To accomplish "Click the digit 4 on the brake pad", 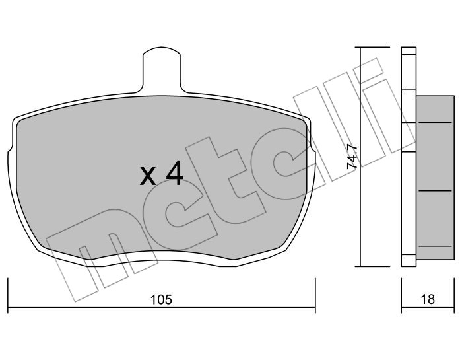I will [174, 174].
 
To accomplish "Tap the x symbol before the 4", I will [148, 176].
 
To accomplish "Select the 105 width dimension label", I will [161, 300].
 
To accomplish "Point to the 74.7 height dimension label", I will [352, 157].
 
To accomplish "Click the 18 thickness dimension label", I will [428, 300].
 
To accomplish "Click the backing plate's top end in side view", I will [409, 52].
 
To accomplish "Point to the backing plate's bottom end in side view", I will [409, 262].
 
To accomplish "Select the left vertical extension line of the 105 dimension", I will [7, 294].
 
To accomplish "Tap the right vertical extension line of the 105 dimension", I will [315, 294].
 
